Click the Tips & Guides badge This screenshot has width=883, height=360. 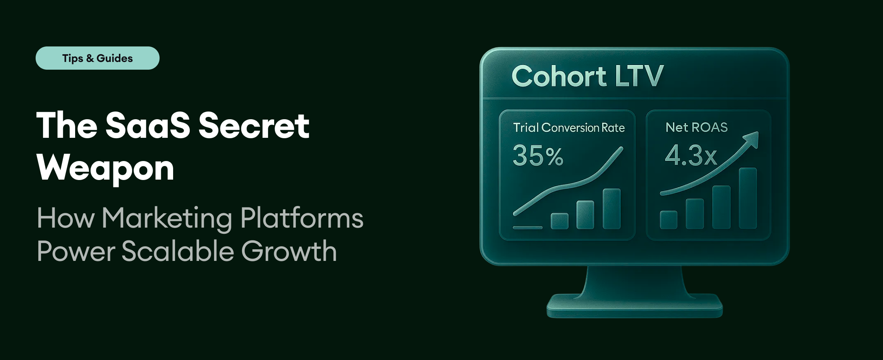tap(97, 58)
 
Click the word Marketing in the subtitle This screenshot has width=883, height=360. tap(167, 219)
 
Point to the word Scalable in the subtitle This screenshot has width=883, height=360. tap(178, 251)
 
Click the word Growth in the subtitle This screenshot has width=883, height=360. tap(289, 251)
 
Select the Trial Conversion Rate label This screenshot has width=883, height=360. tap(569, 128)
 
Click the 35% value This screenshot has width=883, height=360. tap(538, 156)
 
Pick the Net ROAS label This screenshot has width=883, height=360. tap(696, 127)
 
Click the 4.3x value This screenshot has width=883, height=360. tap(691, 156)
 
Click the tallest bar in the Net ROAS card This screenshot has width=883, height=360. tap(747, 198)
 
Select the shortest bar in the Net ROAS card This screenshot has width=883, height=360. tap(668, 220)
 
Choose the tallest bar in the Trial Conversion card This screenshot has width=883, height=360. tap(612, 209)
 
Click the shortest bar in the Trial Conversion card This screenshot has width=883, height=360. tap(560, 221)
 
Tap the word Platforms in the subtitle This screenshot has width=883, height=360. tap(302, 219)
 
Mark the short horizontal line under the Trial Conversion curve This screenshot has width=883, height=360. tap(527, 228)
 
